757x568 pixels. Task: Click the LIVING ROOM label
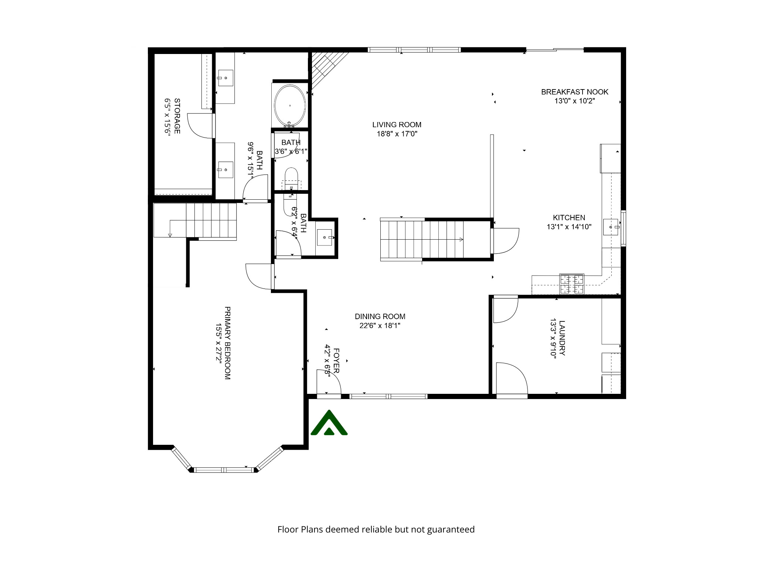pos(397,125)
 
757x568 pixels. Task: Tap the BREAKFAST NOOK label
pos(574,92)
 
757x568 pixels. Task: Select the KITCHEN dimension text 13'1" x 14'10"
pos(569,227)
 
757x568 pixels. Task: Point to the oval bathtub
pos(290,105)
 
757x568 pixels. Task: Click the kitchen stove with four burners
pos(572,284)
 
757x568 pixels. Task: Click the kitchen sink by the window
pos(611,227)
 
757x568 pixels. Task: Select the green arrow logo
pos(329,423)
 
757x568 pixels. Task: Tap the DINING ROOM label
pos(380,317)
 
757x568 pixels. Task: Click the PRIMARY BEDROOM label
pos(228,343)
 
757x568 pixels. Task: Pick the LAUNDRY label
pos(562,338)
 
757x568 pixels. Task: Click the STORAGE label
pos(177,116)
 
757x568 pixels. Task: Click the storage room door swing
pos(200,126)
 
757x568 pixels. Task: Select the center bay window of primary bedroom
pos(224,470)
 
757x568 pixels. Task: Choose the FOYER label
pos(336,360)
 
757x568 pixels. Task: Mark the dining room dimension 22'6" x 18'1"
pos(380,326)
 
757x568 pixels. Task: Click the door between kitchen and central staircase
pos(505,241)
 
